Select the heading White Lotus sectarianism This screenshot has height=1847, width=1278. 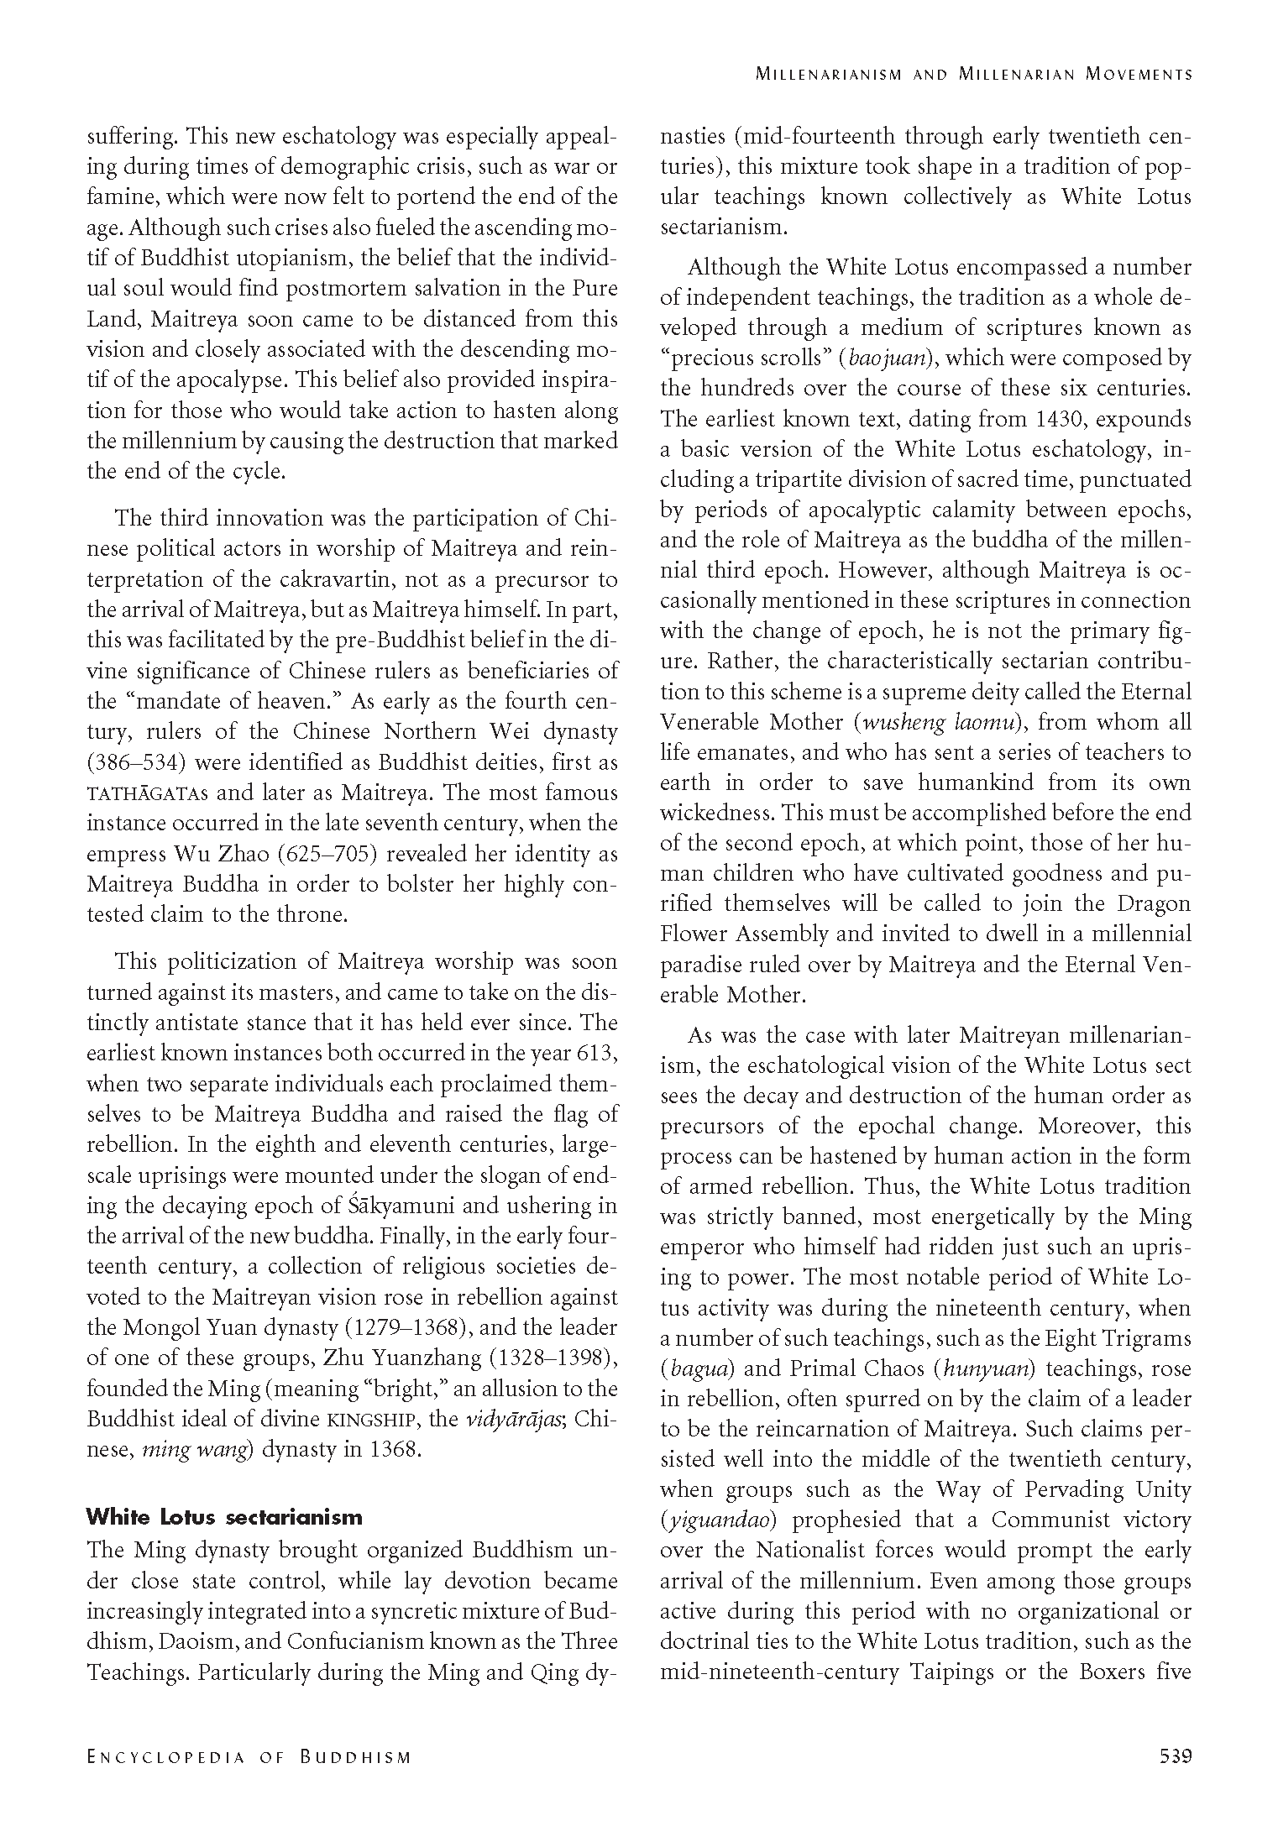tap(224, 1516)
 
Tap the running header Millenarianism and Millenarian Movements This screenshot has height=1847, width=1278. tap(973, 74)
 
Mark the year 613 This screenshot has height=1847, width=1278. tap(599, 1053)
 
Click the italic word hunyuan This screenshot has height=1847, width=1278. tap(987, 1368)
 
